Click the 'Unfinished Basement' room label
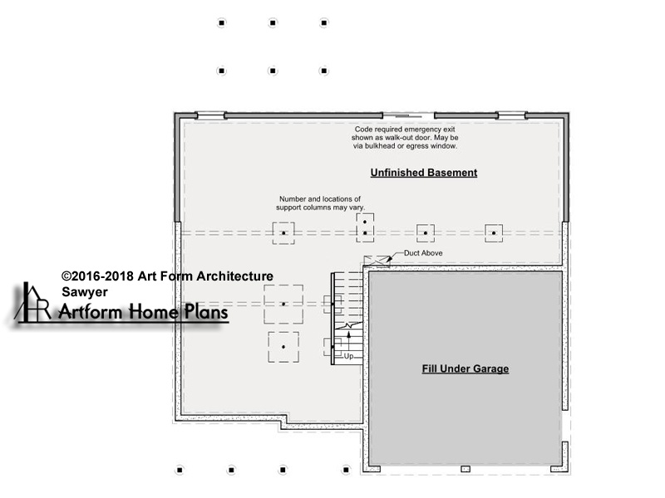[x=424, y=173]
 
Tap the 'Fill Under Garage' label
[x=465, y=369]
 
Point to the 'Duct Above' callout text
[x=423, y=253]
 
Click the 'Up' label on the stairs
[x=348, y=356]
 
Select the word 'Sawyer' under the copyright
[x=85, y=292]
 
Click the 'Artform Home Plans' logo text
[x=143, y=312]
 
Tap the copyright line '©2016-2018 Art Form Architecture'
[x=167, y=276]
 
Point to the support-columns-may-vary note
[x=320, y=203]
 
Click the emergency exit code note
[x=405, y=138]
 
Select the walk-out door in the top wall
[x=408, y=115]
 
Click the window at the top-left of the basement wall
[x=211, y=115]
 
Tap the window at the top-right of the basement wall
[x=511, y=115]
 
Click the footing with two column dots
[x=365, y=227]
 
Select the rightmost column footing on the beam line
[x=494, y=233]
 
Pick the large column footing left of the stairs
[x=283, y=304]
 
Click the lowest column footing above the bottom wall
[x=283, y=347]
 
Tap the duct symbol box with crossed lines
[x=377, y=261]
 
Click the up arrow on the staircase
[x=348, y=341]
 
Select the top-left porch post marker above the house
[x=221, y=23]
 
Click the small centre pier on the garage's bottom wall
[x=465, y=469]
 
